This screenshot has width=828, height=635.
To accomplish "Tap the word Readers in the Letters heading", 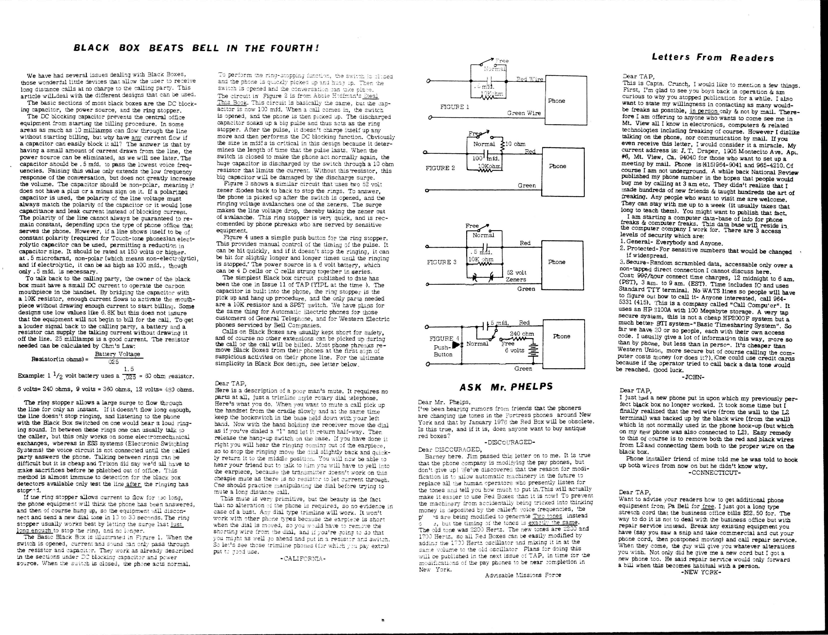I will (752, 58).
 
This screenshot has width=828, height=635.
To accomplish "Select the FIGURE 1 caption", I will (454, 107).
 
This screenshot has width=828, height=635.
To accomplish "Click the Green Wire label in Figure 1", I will (524, 113).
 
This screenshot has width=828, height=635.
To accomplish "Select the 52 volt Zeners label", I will (516, 276).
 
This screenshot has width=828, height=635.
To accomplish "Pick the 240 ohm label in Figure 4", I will (522, 334).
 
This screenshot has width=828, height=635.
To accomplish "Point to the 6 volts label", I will (515, 350).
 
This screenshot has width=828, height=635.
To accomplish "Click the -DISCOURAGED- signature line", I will (509, 442).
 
